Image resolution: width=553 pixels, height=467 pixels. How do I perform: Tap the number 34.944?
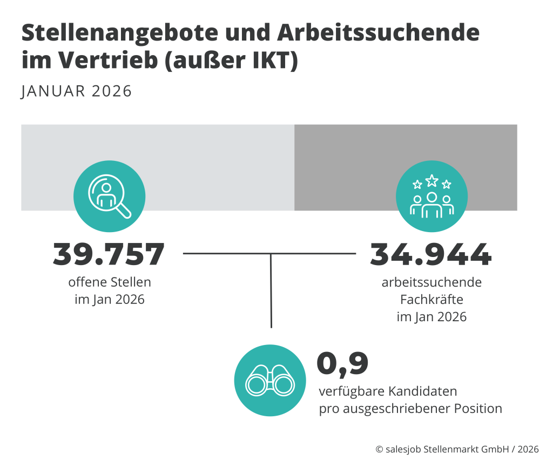[x=430, y=254]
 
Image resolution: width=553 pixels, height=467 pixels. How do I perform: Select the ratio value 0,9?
[x=342, y=363]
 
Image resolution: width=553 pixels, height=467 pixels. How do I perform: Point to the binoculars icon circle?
[x=270, y=381]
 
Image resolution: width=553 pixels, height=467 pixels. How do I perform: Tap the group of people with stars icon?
[x=431, y=196]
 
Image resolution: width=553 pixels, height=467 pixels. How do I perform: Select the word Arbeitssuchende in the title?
[x=378, y=34]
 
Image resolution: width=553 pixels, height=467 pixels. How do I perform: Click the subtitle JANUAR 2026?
[x=76, y=91]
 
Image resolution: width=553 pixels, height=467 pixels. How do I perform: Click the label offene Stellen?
[x=110, y=282]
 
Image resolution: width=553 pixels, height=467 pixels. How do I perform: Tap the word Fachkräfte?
[x=431, y=299]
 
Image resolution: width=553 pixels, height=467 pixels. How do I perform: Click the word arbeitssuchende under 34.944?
[x=431, y=282]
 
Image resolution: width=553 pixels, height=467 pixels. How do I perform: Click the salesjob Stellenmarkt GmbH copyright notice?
[x=457, y=449]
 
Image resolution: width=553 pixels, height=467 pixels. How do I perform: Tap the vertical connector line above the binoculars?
[x=271, y=292]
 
